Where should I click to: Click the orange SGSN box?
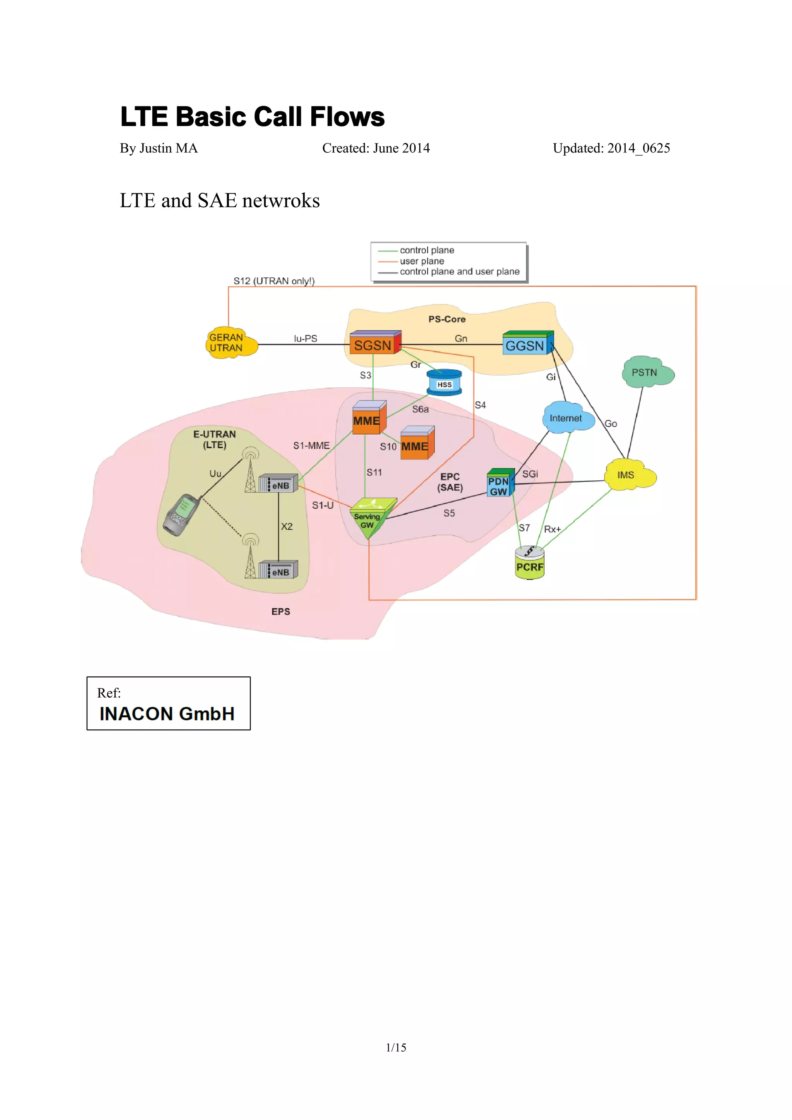pyautogui.click(x=374, y=344)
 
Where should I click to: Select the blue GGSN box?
pyautogui.click(x=527, y=344)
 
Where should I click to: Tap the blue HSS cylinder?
pyautogui.click(x=444, y=382)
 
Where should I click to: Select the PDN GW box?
pyautogui.click(x=499, y=484)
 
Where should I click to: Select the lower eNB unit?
pyautogui.click(x=278, y=571)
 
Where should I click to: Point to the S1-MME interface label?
pyautogui.click(x=311, y=446)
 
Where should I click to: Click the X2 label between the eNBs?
pyautogui.click(x=287, y=526)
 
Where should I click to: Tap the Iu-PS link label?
pyautogui.click(x=305, y=338)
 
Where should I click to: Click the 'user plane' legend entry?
pyautogui.click(x=422, y=261)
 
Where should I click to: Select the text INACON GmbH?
pyautogui.click(x=167, y=714)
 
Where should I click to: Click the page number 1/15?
pyautogui.click(x=396, y=1047)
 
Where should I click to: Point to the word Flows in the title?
pyautogui.click(x=347, y=117)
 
